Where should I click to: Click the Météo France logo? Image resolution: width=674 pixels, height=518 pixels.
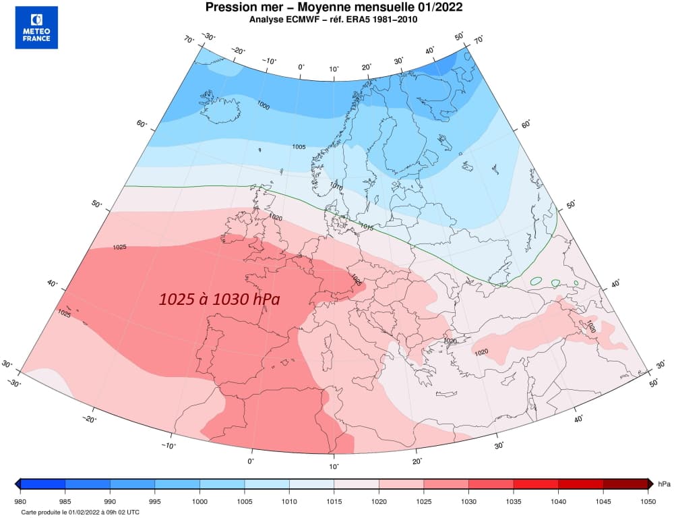pos(36,28)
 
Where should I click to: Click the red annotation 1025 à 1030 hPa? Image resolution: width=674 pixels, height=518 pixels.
pos(219,299)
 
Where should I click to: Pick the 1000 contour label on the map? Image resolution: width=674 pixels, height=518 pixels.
pos(264,105)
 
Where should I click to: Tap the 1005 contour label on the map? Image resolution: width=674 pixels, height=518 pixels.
pos(299,146)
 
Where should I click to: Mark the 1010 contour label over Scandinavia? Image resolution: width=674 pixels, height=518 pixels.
pos(336,186)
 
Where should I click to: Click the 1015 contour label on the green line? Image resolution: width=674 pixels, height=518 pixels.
pos(367,226)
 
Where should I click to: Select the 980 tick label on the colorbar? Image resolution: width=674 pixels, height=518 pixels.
pos(21,501)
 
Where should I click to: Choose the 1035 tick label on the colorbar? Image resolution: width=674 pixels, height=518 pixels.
pos(513,501)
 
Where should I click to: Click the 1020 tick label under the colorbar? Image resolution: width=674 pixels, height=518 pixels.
pos(379,501)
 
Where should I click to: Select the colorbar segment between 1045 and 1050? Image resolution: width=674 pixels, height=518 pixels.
pos(625,484)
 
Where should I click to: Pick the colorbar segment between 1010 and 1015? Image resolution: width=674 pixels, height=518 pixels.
pos(311,484)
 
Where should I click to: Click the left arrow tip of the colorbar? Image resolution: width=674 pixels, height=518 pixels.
pos(17,484)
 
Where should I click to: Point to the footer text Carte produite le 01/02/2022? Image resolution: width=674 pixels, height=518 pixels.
pos(80,513)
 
